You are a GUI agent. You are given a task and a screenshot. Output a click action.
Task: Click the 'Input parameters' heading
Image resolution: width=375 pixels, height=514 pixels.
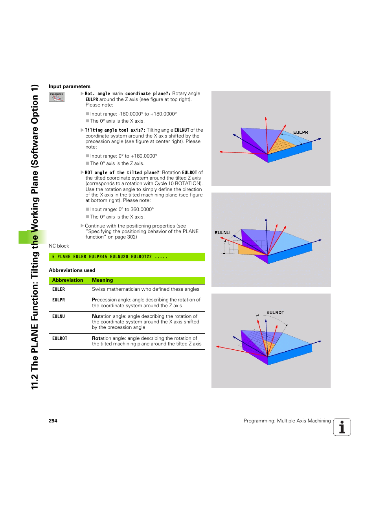point(70,86)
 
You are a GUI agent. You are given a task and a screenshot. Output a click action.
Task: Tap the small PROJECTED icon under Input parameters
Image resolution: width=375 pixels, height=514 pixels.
point(57,97)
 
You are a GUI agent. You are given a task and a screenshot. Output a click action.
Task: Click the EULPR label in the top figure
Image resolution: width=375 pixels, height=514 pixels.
point(301,132)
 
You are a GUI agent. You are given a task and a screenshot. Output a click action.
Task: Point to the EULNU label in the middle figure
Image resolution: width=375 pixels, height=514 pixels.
point(222,233)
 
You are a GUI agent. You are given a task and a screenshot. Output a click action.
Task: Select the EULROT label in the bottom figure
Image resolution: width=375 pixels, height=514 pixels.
point(275,312)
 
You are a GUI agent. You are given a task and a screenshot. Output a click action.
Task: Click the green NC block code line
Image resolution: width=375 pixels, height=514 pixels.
point(127,257)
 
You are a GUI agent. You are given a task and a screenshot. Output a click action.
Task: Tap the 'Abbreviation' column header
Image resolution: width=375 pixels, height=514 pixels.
point(68,280)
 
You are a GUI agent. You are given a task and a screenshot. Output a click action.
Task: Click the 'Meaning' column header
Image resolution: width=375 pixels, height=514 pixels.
point(103,280)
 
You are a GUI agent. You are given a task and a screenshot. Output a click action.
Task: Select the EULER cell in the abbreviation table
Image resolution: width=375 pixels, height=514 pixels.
point(59,289)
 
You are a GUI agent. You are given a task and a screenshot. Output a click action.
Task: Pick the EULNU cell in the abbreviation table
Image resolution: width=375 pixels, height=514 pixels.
point(59,316)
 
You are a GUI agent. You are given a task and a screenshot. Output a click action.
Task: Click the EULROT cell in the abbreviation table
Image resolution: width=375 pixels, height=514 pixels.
point(60,338)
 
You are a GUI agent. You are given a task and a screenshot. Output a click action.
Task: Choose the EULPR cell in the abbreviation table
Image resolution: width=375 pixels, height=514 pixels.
point(59,300)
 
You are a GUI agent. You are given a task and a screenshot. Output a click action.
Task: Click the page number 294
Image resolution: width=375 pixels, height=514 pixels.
point(53,421)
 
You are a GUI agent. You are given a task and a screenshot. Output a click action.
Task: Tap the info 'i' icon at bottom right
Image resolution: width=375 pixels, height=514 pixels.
point(342,427)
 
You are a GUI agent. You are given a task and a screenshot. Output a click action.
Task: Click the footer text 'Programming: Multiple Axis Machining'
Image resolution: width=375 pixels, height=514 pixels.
point(287,421)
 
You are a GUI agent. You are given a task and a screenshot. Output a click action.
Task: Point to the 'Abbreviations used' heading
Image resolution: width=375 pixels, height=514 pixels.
point(72,270)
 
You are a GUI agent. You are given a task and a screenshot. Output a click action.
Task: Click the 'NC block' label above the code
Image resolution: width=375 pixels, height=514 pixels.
point(59,246)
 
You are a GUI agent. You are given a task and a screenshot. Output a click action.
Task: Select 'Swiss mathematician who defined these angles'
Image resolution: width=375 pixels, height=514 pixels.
point(145,289)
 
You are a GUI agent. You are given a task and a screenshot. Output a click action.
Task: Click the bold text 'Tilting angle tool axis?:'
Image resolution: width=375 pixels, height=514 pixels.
point(115,130)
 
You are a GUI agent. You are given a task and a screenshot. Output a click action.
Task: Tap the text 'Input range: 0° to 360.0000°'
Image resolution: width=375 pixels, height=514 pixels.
point(122,209)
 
